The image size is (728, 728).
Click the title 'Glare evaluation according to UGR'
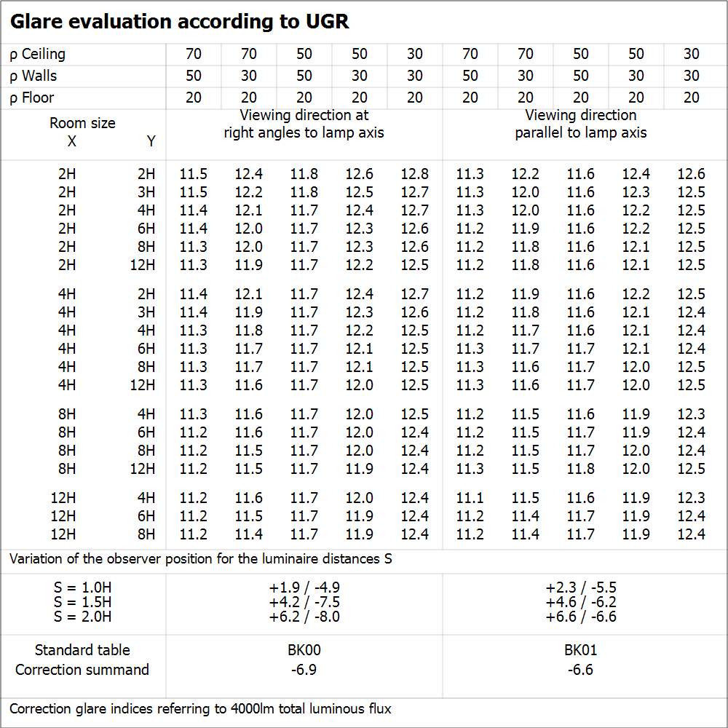pyautogui.click(x=179, y=22)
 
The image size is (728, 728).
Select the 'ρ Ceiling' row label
pyautogui.click(x=37, y=55)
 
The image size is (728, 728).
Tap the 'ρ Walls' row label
pyautogui.click(x=33, y=76)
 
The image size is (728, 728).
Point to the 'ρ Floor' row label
pyautogui.click(x=32, y=98)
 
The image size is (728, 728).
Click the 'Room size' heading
pyautogui.click(x=82, y=123)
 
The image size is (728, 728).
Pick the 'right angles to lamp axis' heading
pyautogui.click(x=304, y=132)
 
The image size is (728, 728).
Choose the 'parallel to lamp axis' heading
pyautogui.click(x=580, y=132)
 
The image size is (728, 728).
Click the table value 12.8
pyautogui.click(x=414, y=175)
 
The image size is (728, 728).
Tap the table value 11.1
pyautogui.click(x=470, y=498)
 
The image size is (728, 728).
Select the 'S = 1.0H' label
pyautogui.click(x=82, y=587)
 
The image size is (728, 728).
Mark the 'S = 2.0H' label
pyautogui.click(x=82, y=617)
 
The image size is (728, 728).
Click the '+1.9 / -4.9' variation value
pyautogui.click(x=304, y=587)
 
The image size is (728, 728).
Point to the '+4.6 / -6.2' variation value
pyautogui.click(x=580, y=602)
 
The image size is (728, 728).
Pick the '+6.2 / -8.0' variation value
pyautogui.click(x=304, y=617)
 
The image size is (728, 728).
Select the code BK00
pyautogui.click(x=304, y=650)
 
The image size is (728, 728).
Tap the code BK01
pyautogui.click(x=580, y=650)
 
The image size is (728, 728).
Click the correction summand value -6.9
pyautogui.click(x=304, y=669)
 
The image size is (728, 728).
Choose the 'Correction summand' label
pyautogui.click(x=82, y=669)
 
